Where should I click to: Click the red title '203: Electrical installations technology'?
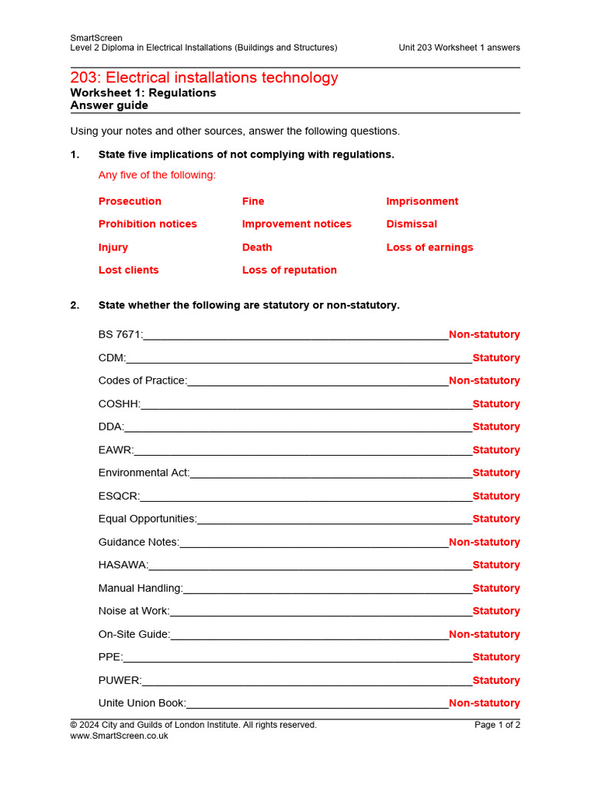[x=204, y=78]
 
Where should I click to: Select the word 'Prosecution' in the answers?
[x=130, y=201]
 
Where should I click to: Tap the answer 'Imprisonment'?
[x=422, y=201]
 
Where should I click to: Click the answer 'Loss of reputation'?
[x=289, y=271]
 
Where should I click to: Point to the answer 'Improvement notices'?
[x=296, y=224]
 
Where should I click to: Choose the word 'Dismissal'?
[x=411, y=224]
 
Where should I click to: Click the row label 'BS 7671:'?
[x=121, y=335]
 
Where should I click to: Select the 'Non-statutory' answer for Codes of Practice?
[x=484, y=381]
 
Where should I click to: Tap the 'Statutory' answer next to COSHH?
[x=496, y=404]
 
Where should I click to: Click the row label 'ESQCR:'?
[x=119, y=496]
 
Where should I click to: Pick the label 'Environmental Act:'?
[x=144, y=473]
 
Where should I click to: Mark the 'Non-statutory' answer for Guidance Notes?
[x=484, y=543]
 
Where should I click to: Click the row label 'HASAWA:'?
[x=123, y=566]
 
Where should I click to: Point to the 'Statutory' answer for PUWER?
[x=496, y=681]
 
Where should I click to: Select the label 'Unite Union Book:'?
[x=142, y=703]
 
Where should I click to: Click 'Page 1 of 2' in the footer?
[x=497, y=725]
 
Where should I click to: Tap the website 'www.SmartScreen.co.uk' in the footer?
[x=119, y=736]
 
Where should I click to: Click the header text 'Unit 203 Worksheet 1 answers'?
[x=459, y=48]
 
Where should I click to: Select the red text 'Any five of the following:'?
[x=157, y=175]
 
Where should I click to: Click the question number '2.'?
[x=75, y=306]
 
